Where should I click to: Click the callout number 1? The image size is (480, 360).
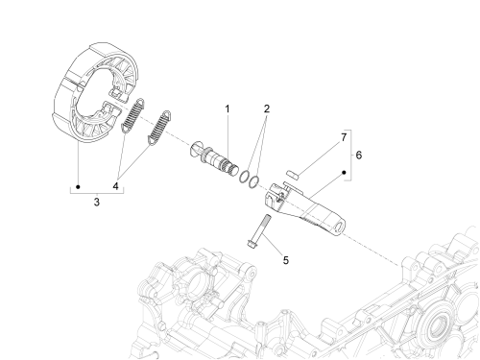point(228,109)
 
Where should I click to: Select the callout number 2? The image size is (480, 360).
point(267,108)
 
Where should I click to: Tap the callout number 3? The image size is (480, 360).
point(97,203)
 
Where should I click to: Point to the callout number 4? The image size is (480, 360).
point(115,186)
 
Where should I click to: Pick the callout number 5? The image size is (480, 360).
point(286,260)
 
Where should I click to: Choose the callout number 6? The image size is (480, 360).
point(359,156)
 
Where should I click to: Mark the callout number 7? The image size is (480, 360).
point(344,137)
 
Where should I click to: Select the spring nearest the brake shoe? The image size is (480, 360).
point(132,115)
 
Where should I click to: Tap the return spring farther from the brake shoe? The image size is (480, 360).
point(159,128)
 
